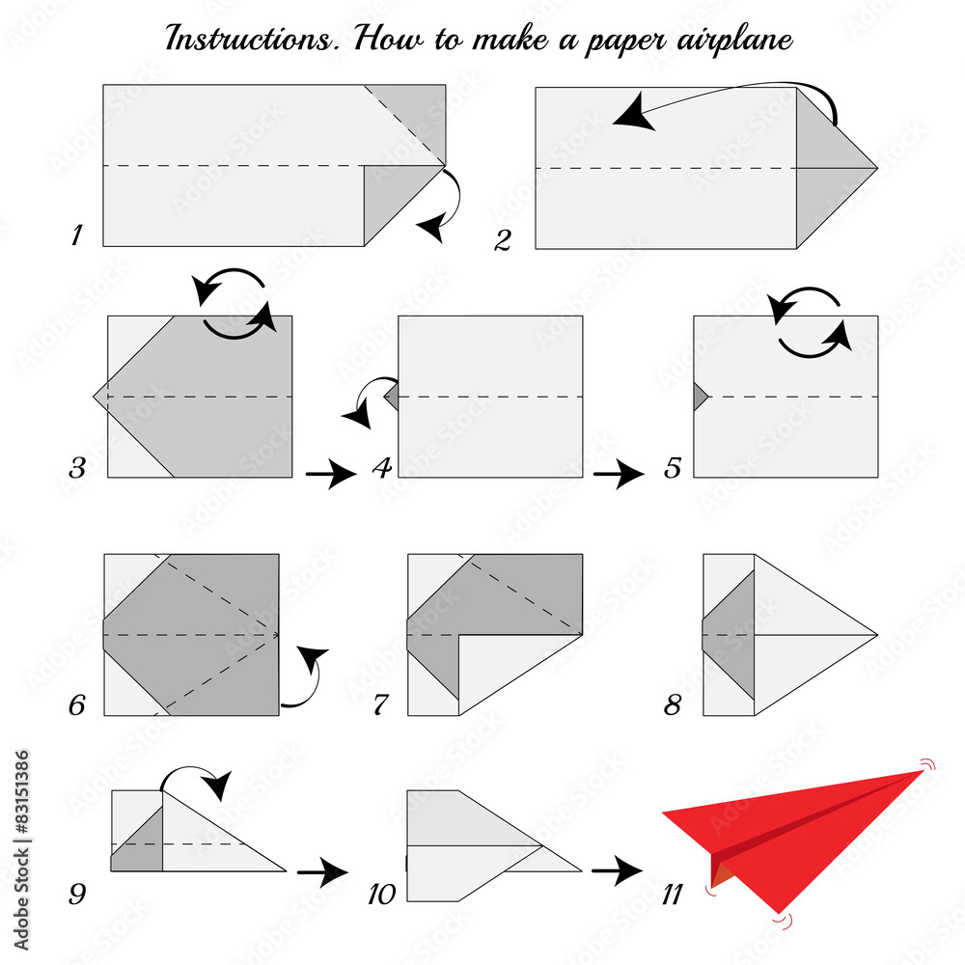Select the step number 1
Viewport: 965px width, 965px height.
(x=76, y=234)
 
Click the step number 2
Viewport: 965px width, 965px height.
(x=502, y=239)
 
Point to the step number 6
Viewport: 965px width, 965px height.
(x=76, y=705)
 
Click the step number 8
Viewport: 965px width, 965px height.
(x=673, y=705)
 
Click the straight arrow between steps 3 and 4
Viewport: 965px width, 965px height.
(x=330, y=474)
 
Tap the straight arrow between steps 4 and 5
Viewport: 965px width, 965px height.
(x=618, y=474)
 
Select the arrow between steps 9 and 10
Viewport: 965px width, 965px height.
(x=321, y=872)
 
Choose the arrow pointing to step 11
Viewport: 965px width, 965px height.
(x=616, y=872)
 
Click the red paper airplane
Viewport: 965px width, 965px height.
(x=801, y=830)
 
